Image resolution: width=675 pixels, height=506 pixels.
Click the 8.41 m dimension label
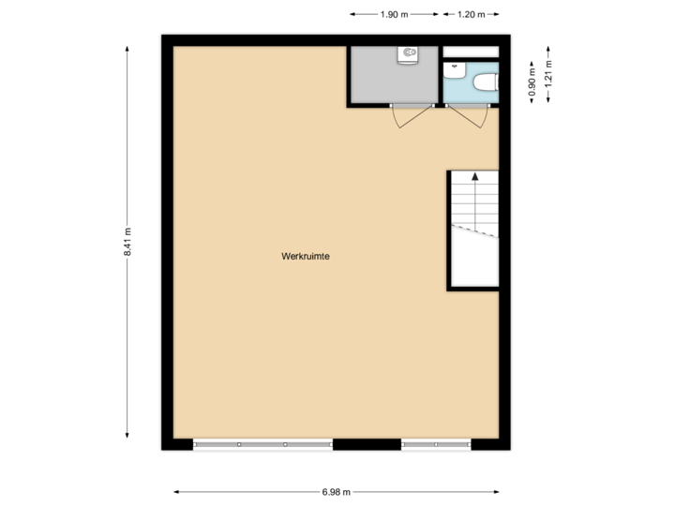point(128,242)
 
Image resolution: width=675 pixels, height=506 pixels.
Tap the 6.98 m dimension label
point(336,491)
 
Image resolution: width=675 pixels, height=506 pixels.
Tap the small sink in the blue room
point(455,67)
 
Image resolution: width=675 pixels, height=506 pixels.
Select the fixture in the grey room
point(409,55)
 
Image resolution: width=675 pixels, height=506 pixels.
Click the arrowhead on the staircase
point(475,176)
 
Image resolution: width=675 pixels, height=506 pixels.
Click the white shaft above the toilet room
point(470,52)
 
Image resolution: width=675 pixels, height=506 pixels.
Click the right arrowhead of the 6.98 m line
point(497,491)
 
